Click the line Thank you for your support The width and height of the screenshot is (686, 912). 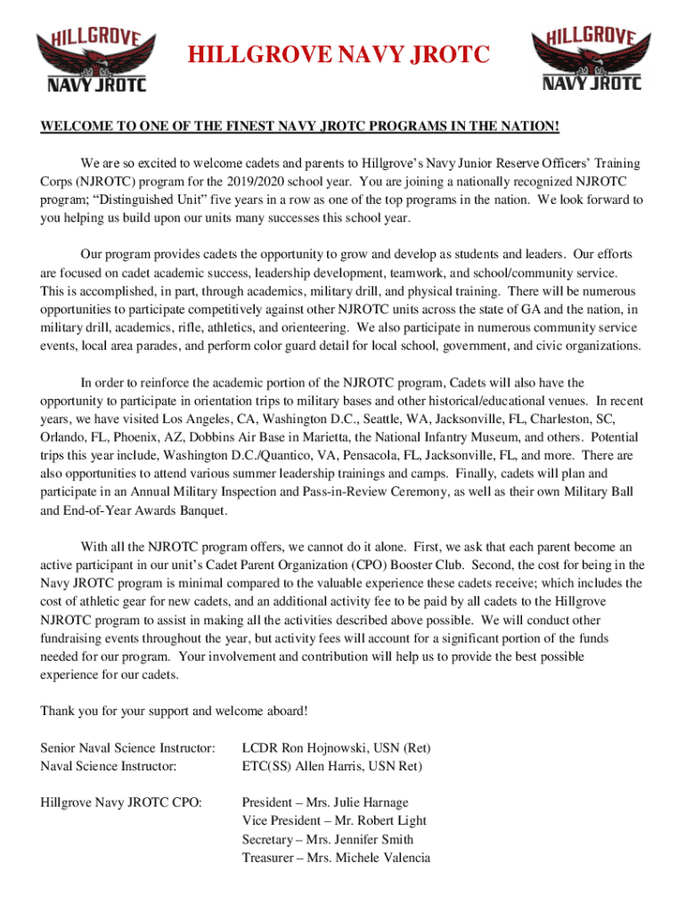click(x=174, y=711)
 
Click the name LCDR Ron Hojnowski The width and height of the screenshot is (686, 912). click(x=301, y=747)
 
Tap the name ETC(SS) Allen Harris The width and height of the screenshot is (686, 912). click(x=300, y=765)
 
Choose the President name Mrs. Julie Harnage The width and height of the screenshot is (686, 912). click(x=351, y=802)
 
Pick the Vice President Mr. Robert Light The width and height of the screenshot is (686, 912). click(x=371, y=820)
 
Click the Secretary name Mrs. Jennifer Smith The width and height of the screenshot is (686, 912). click(x=360, y=839)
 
